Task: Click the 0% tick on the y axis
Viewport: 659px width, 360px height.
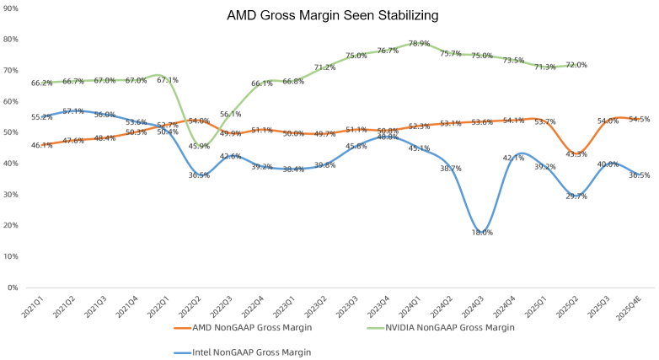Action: coord(12,287)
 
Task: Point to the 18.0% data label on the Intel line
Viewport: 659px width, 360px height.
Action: coord(482,232)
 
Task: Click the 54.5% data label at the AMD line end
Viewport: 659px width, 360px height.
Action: coord(638,119)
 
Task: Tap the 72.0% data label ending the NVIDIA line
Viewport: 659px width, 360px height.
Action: coord(576,65)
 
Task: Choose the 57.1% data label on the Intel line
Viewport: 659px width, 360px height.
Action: coord(73,111)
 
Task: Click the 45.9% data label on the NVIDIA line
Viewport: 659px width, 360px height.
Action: coord(198,146)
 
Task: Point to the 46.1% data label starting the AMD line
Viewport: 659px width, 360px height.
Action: coord(42,145)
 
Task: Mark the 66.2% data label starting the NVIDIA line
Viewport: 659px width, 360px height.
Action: coord(42,83)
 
